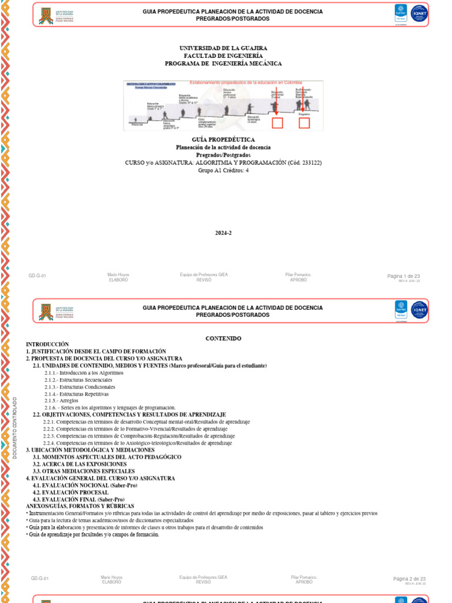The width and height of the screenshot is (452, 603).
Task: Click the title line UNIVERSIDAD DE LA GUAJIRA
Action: click(223, 48)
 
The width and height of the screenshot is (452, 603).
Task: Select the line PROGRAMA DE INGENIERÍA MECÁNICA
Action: click(223, 63)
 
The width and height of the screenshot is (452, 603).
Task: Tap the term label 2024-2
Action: click(223, 233)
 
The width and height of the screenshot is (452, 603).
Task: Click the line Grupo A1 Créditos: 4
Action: click(223, 170)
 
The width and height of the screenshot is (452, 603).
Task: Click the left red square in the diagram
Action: click(277, 122)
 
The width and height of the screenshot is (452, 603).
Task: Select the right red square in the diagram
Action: click(304, 122)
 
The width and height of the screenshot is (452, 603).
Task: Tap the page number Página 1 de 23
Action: click(403, 276)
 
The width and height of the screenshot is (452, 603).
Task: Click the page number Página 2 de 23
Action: click(409, 579)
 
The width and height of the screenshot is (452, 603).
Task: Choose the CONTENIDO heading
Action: click(223, 338)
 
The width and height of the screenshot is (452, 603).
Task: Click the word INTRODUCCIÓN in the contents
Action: click(47, 344)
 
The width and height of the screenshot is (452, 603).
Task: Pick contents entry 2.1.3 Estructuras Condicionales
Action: click(79, 387)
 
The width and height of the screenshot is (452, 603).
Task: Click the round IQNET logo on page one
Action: click(419, 14)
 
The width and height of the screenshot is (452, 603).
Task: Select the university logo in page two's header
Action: click(45, 311)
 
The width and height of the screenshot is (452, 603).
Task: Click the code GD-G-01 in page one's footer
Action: click(37, 276)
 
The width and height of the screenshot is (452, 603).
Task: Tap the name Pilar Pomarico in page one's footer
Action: click(298, 275)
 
